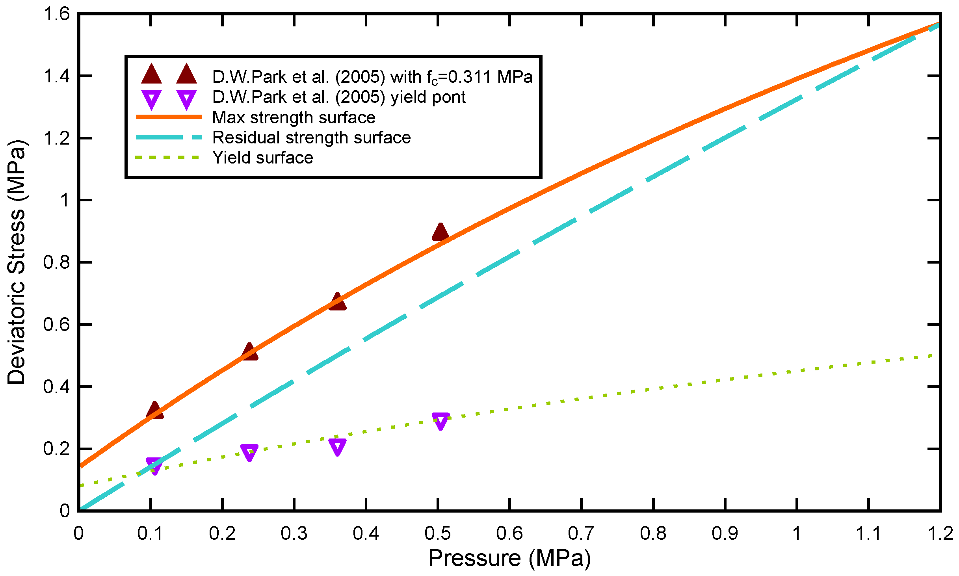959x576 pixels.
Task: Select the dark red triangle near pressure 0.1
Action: pyautogui.click(x=154, y=411)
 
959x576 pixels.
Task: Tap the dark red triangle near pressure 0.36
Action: pyautogui.click(x=337, y=303)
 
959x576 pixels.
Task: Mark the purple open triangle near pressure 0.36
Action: pyautogui.click(x=338, y=447)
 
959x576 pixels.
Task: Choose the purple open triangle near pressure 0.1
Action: pyautogui.click(x=154, y=466)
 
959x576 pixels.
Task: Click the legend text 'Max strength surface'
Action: pyautogui.click(x=294, y=117)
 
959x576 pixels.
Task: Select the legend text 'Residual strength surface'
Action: pyautogui.click(x=311, y=137)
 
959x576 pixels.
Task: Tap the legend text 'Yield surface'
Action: pyautogui.click(x=262, y=158)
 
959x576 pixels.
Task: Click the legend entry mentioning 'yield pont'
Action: pyautogui.click(x=339, y=97)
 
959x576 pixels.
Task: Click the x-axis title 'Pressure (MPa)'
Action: pyautogui.click(x=509, y=558)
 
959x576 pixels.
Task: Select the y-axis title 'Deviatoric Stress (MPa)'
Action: pyautogui.click(x=17, y=262)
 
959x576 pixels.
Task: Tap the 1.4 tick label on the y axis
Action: pyautogui.click(x=56, y=76)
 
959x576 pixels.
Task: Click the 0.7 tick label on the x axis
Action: pyautogui.click(x=581, y=533)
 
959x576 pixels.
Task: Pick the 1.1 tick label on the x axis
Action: pyautogui.click(x=868, y=533)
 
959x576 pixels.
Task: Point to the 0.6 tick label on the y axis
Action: pyautogui.click(x=56, y=325)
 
